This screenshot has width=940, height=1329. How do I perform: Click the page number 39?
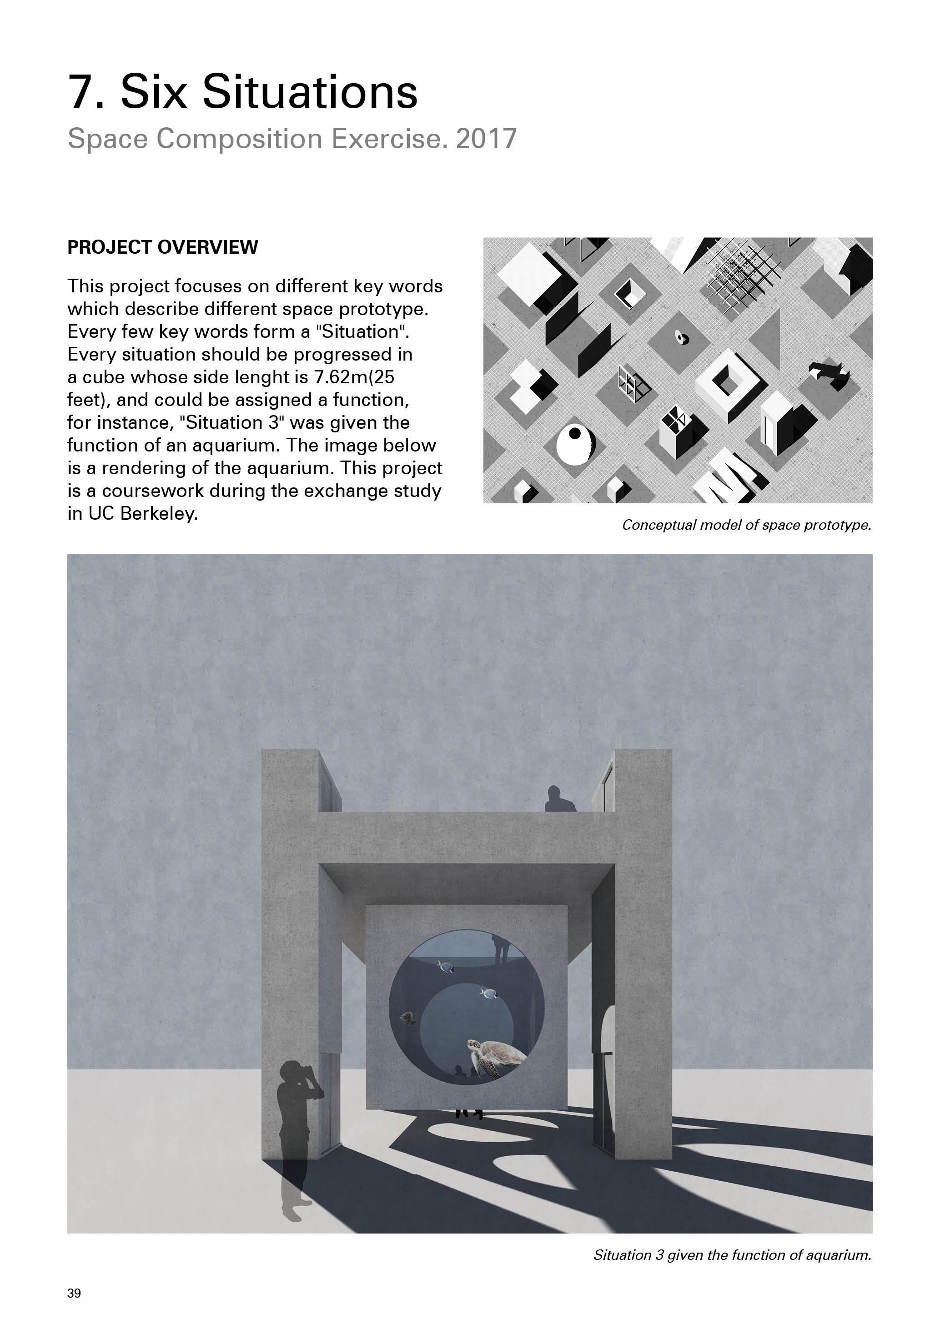point(74,1293)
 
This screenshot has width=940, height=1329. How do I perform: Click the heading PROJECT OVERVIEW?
point(163,247)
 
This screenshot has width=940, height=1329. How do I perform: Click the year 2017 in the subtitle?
point(486,139)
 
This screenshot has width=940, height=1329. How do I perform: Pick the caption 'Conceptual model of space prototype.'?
point(746,525)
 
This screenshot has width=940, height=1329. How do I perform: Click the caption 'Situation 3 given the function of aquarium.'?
point(732,1255)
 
